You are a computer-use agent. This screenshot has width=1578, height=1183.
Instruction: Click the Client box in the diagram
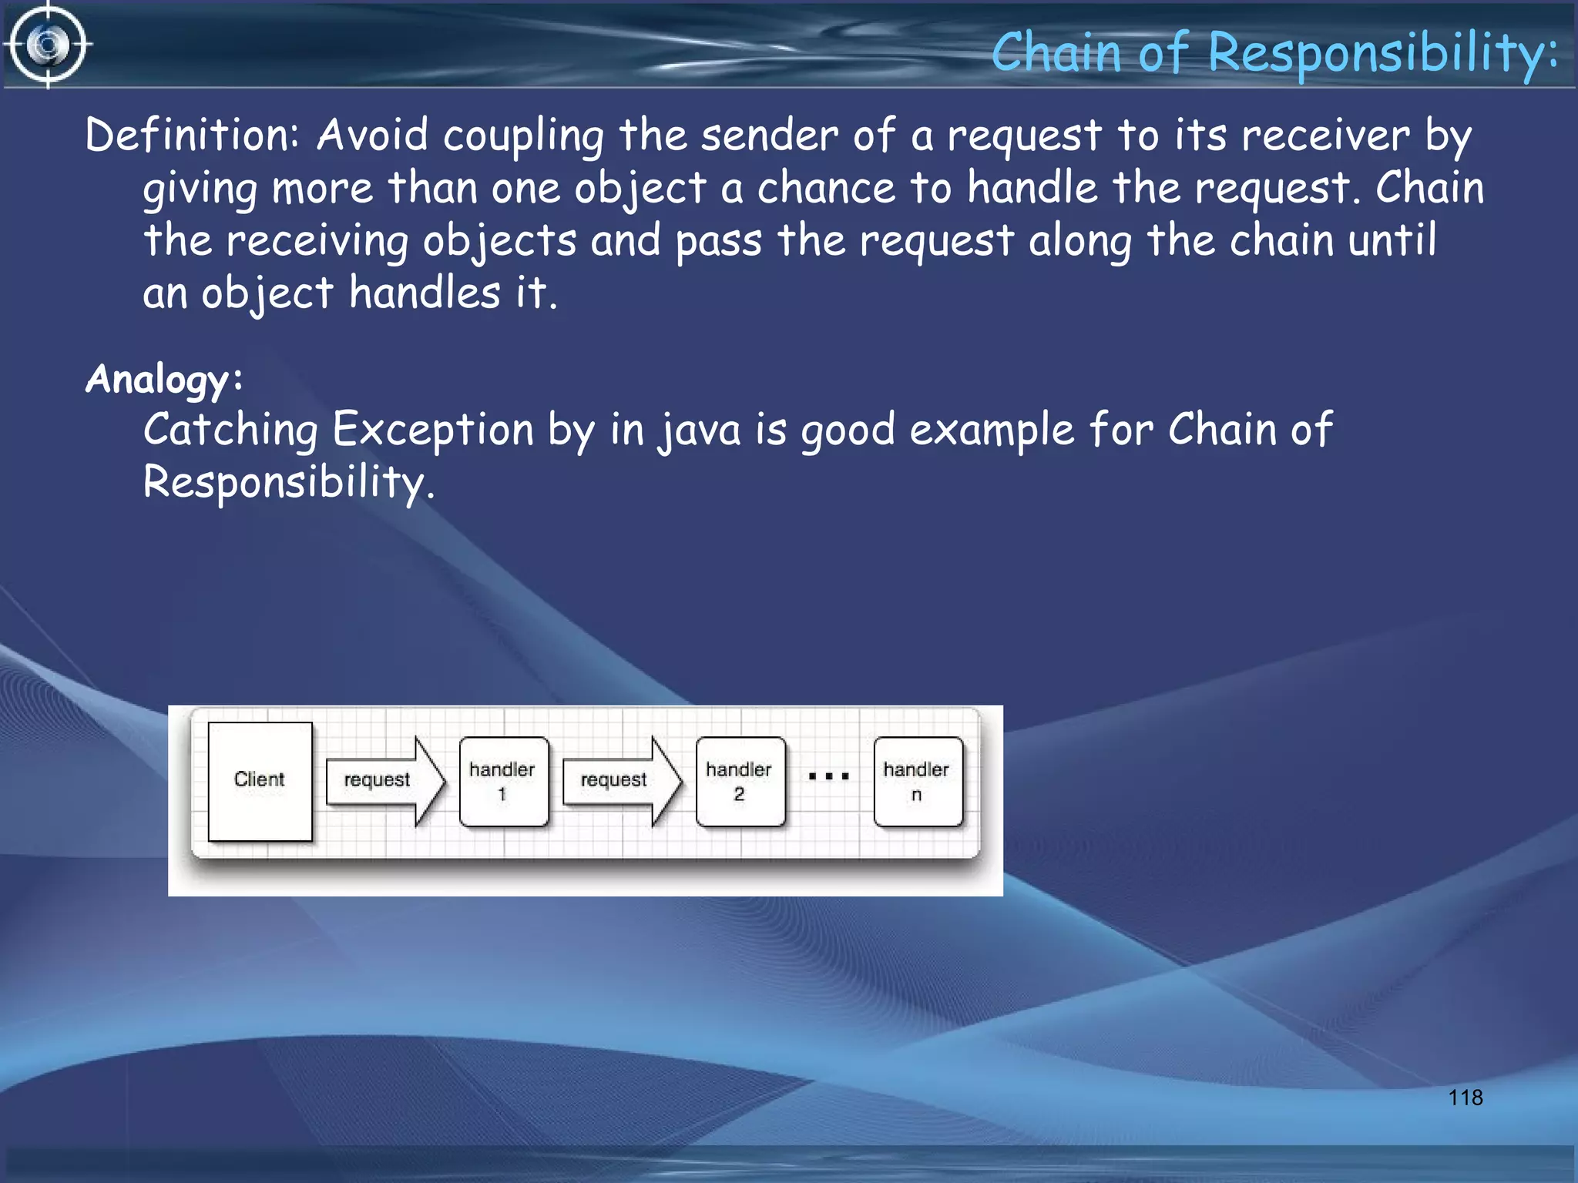(x=260, y=781)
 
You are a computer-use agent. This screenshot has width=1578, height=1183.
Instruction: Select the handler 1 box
(x=503, y=781)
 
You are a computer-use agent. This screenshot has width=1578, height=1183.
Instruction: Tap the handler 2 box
(x=740, y=781)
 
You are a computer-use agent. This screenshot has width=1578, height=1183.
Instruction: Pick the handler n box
(x=917, y=781)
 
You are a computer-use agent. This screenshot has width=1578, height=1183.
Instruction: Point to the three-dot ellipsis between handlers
(x=828, y=776)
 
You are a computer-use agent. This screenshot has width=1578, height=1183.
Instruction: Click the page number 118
(x=1465, y=1098)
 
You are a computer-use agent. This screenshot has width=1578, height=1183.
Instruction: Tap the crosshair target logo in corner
(x=49, y=45)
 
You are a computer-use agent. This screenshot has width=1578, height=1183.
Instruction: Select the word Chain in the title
(x=1056, y=54)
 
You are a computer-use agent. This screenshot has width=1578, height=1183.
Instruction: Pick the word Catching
(x=230, y=430)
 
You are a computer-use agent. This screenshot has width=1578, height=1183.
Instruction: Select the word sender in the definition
(x=769, y=136)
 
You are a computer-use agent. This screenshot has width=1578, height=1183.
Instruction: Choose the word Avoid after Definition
(x=372, y=136)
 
